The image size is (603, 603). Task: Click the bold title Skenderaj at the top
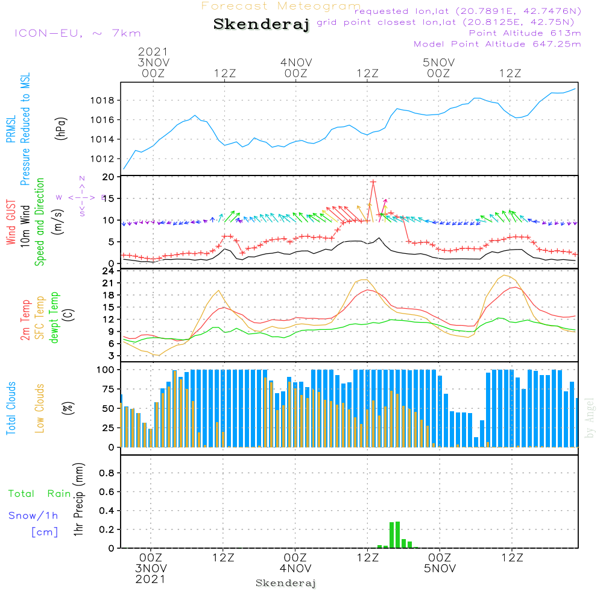(x=261, y=25)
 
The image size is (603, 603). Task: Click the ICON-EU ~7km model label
(x=77, y=33)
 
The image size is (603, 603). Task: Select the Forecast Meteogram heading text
(x=281, y=6)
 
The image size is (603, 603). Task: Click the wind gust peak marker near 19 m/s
(x=373, y=182)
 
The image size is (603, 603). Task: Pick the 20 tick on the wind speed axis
(x=109, y=177)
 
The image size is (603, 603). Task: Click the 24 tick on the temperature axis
(x=109, y=271)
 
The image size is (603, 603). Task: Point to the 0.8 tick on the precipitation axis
(x=106, y=473)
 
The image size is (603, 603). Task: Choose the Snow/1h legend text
(x=34, y=516)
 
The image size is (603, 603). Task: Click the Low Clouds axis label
(x=40, y=408)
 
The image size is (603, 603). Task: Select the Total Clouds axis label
(x=11, y=408)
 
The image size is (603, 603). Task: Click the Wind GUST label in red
(x=11, y=223)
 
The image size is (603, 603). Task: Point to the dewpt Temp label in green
(x=54, y=317)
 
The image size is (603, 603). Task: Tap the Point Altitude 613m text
(x=525, y=33)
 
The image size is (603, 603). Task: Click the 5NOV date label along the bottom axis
(x=440, y=569)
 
